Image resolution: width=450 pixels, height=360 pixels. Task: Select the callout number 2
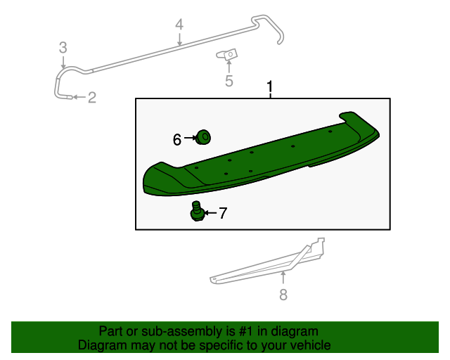pos(91,98)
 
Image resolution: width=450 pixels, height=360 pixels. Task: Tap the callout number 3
pos(63,48)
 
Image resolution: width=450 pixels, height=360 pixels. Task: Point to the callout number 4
pos(179,25)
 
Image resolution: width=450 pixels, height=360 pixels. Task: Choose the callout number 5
pos(229,82)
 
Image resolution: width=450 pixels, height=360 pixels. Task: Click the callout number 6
pos(177,139)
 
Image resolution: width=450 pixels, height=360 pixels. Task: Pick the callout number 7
pos(223,213)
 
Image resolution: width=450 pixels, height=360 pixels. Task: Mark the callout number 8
pos(283,295)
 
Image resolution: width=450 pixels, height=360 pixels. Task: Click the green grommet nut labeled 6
pos(204,136)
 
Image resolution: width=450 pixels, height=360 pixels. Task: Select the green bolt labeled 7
pos(197,211)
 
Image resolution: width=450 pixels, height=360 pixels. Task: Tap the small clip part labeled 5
pos(229,54)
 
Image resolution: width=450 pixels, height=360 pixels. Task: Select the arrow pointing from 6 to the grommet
pos(189,139)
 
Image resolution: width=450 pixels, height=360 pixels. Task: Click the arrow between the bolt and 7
pos(210,212)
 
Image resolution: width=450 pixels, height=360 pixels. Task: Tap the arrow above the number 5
pos(229,67)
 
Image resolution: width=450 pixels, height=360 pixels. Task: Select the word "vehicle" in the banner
pos(309,346)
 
